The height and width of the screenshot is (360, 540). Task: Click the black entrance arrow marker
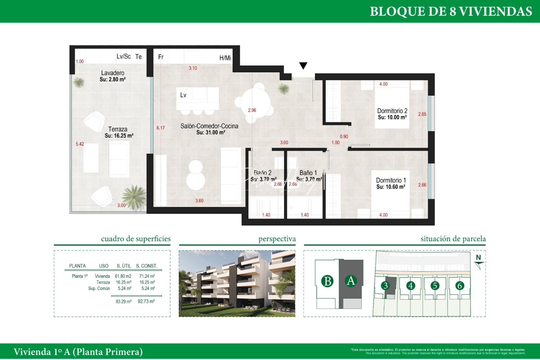click(303, 66)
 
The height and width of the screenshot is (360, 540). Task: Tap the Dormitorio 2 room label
click(392, 111)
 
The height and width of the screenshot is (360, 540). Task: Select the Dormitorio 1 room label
click(391, 180)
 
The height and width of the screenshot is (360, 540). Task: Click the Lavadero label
click(113, 73)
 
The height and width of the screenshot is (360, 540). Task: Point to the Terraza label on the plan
click(118, 129)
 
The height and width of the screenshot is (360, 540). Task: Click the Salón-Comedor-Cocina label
click(209, 126)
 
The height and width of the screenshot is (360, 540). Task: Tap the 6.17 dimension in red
click(161, 128)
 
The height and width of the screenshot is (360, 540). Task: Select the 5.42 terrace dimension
click(80, 144)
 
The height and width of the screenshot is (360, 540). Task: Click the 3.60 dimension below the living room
click(199, 201)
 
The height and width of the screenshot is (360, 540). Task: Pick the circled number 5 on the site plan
click(435, 286)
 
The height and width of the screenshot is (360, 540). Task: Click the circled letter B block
click(327, 281)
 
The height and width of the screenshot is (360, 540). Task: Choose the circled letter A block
click(351, 281)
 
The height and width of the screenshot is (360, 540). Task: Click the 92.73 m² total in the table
click(146, 301)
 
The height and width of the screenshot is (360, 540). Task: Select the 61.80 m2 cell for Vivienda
click(123, 276)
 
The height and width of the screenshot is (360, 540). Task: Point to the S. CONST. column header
click(146, 266)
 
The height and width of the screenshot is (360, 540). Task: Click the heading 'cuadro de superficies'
click(136, 239)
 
